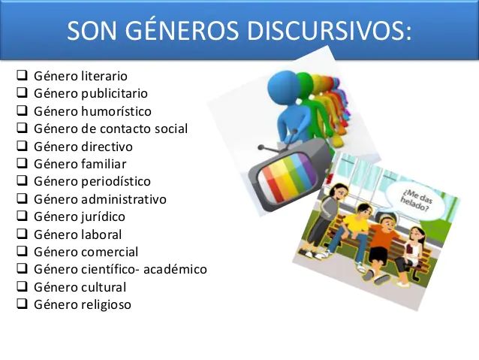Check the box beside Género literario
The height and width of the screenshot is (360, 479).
pos(22,76)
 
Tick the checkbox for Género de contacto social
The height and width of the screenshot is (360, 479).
pos(22,129)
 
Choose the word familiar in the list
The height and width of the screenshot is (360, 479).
pos(104,164)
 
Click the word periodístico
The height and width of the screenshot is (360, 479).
pos(116,181)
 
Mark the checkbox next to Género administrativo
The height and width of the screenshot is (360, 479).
pos(22,199)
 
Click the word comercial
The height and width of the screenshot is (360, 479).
pos(109,252)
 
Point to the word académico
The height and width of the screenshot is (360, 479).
pos(175,269)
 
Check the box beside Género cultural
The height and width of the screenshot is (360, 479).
pos(22,287)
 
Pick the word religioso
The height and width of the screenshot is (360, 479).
pos(106,304)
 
